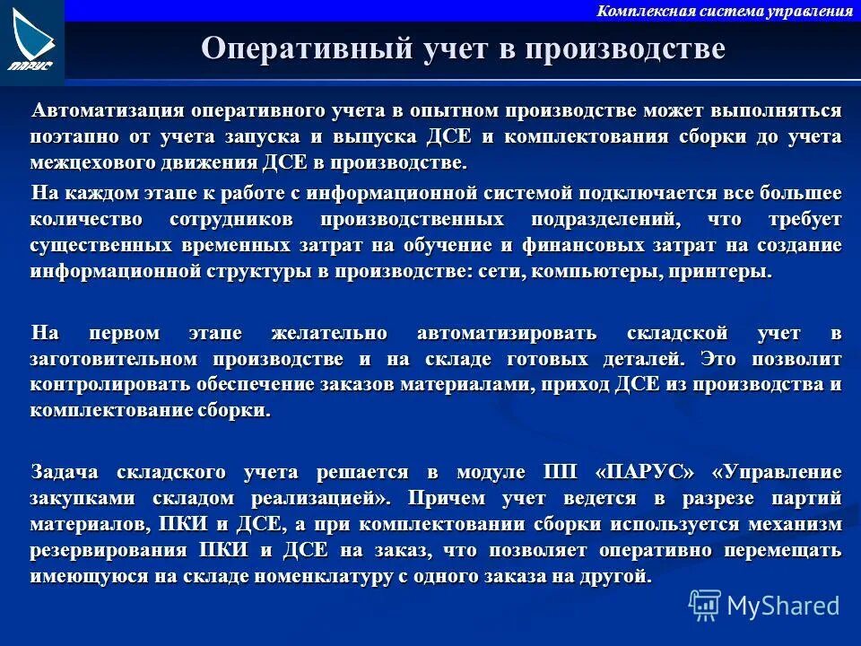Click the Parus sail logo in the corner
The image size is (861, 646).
[32, 39]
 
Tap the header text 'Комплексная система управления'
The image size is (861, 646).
[724, 11]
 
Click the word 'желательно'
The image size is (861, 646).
[329, 333]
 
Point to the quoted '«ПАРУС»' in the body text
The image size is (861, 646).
[645, 472]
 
